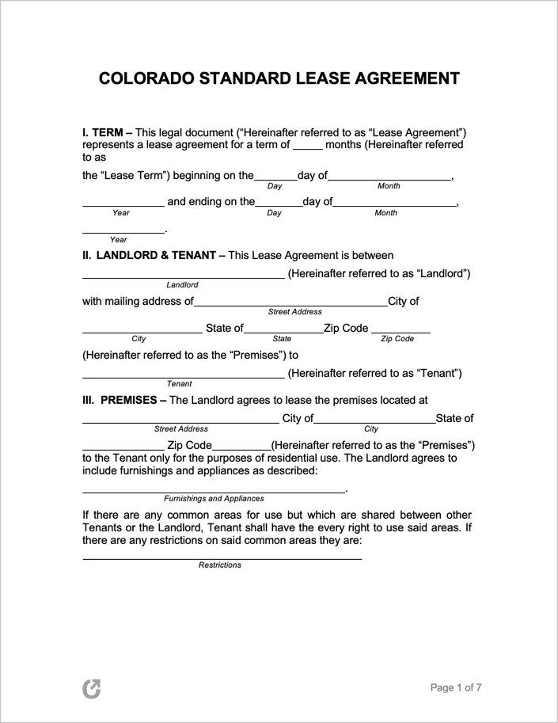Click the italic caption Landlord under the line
182,285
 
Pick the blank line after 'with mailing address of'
290,303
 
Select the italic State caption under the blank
282,339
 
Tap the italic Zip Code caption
397,339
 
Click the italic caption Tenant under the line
179,384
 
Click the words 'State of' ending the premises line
454,418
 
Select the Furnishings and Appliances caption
214,499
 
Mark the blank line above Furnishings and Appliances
214,491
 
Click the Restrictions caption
220,565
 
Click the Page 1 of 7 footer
456,688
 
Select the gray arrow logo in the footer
92,689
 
